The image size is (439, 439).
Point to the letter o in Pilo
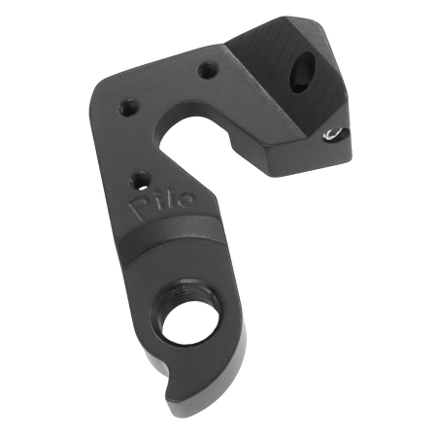point(185,199)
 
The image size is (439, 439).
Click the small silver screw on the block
point(334,133)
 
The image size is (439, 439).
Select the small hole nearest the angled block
point(206,70)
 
